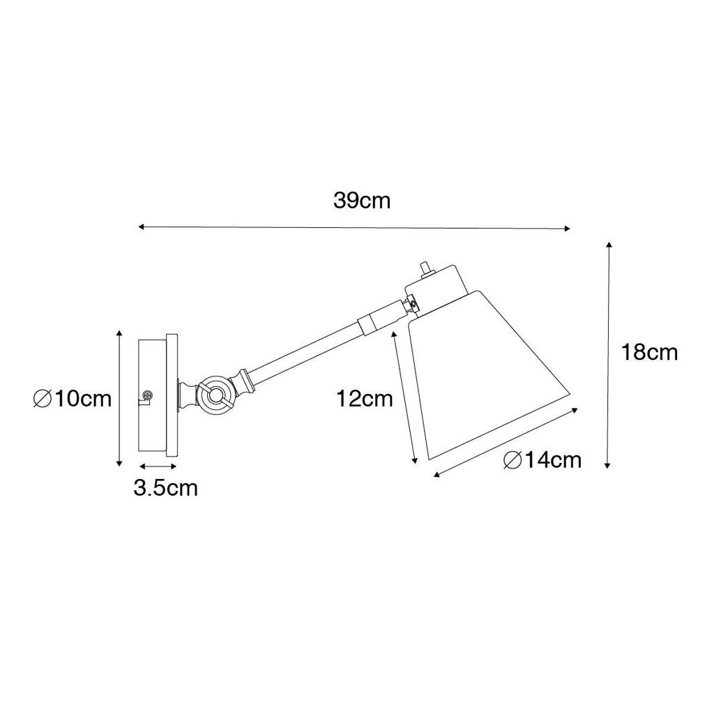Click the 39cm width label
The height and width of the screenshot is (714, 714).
(362, 200)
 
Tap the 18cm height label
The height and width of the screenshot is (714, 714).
(649, 352)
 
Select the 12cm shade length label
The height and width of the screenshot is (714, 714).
(364, 399)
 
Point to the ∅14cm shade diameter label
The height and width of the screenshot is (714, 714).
(542, 460)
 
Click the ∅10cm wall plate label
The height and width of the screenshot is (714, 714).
(73, 399)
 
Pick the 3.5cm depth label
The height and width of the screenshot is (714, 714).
(166, 488)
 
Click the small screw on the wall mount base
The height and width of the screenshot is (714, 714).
(146, 396)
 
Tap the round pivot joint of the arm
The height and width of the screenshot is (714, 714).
(213, 395)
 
